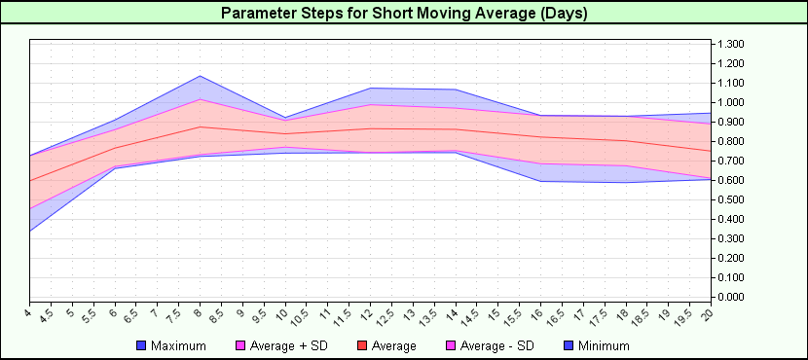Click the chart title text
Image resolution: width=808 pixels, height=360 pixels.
coord(404,14)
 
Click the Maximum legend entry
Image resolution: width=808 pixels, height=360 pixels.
coord(178,345)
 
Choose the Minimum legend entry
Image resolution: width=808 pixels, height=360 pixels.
coord(603,345)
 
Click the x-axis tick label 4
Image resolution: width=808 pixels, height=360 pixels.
coord(29,311)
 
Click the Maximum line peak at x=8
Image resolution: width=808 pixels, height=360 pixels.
coord(200,76)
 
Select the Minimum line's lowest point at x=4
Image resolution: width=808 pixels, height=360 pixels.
coord(30,231)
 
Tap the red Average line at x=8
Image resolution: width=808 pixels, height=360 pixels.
coord(200,126)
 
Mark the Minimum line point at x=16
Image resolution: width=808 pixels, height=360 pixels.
coord(538,181)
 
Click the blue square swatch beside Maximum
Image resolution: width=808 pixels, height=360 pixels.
coord(141,345)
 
